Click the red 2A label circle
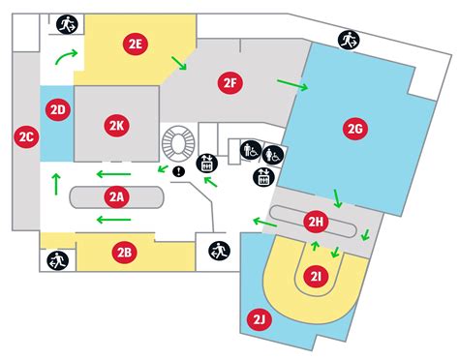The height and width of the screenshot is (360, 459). coord(116,197)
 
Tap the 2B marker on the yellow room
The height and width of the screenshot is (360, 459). coord(123,254)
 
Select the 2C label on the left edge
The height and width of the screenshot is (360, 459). coord(25,137)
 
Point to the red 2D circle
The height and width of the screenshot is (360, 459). coord(57,109)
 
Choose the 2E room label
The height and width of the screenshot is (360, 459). coord(136,43)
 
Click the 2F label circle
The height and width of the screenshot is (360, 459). coord(229,83)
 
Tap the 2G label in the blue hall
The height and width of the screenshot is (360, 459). coord(354,128)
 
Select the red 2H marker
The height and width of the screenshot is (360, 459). coord(316,224)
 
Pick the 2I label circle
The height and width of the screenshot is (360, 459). coord(316,277)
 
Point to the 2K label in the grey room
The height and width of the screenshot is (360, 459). coord(117,125)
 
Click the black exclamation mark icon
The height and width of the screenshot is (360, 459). coord(178,172)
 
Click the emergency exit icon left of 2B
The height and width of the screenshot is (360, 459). coord(55,259)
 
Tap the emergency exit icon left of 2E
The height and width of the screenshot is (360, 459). coord(67,23)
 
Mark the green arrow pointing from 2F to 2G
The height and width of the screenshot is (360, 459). coord(291,85)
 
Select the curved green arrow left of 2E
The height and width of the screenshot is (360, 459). coord(64,56)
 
